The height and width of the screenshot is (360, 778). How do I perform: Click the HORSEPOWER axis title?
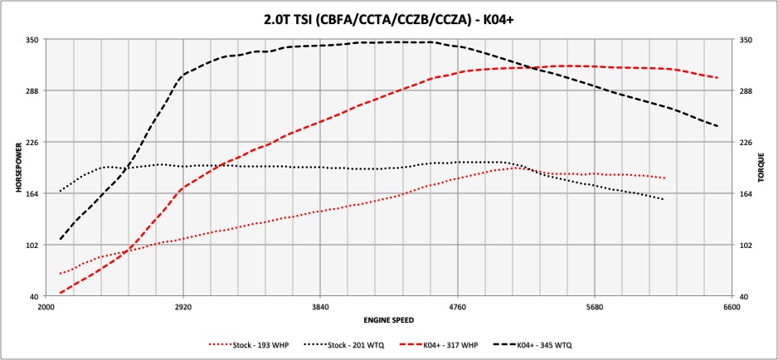pyautogui.click(x=18, y=168)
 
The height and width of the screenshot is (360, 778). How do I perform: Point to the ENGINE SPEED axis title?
pyautogui.click(x=389, y=319)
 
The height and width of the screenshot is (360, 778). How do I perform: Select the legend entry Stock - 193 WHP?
pyautogui.click(x=250, y=343)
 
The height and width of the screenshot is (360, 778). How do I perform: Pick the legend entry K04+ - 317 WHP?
pyautogui.click(x=435, y=343)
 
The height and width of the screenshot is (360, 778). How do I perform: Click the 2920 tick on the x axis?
pyautogui.click(x=182, y=305)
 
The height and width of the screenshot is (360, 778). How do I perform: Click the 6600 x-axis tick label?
pyautogui.click(x=731, y=305)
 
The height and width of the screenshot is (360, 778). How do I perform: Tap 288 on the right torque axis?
pyautogui.click(x=745, y=90)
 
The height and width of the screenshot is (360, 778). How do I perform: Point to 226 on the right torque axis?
pyautogui.click(x=745, y=143)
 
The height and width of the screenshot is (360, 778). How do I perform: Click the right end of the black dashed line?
pyautogui.click(x=717, y=126)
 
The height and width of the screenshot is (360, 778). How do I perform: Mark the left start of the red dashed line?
pyautogui.click(x=60, y=293)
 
